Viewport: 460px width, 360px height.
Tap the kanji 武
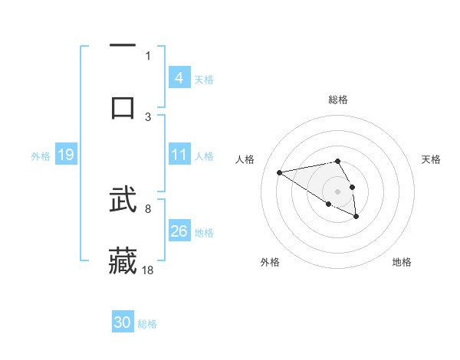click(x=123, y=201)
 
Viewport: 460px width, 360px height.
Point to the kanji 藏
click(x=123, y=260)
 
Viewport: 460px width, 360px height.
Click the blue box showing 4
click(x=179, y=78)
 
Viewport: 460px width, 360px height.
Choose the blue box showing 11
click(x=179, y=155)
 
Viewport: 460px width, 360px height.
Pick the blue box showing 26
click(x=179, y=231)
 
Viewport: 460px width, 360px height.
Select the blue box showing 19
click(x=65, y=155)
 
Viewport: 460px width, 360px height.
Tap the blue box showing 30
click(x=123, y=323)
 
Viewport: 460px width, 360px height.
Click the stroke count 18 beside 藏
click(x=149, y=270)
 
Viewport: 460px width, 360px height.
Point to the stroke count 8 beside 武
click(x=148, y=208)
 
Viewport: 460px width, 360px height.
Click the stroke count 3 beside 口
click(x=148, y=116)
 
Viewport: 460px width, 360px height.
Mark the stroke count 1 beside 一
click(x=148, y=55)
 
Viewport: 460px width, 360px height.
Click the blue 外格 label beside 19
click(x=41, y=156)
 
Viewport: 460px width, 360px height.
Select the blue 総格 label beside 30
click(x=147, y=324)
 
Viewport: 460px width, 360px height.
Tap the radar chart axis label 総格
click(x=337, y=100)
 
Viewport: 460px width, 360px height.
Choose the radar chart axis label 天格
click(x=431, y=159)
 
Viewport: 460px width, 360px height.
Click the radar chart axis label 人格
click(x=245, y=159)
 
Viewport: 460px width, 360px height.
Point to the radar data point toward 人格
click(x=280, y=172)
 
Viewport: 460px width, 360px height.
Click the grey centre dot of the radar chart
click(x=337, y=191)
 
